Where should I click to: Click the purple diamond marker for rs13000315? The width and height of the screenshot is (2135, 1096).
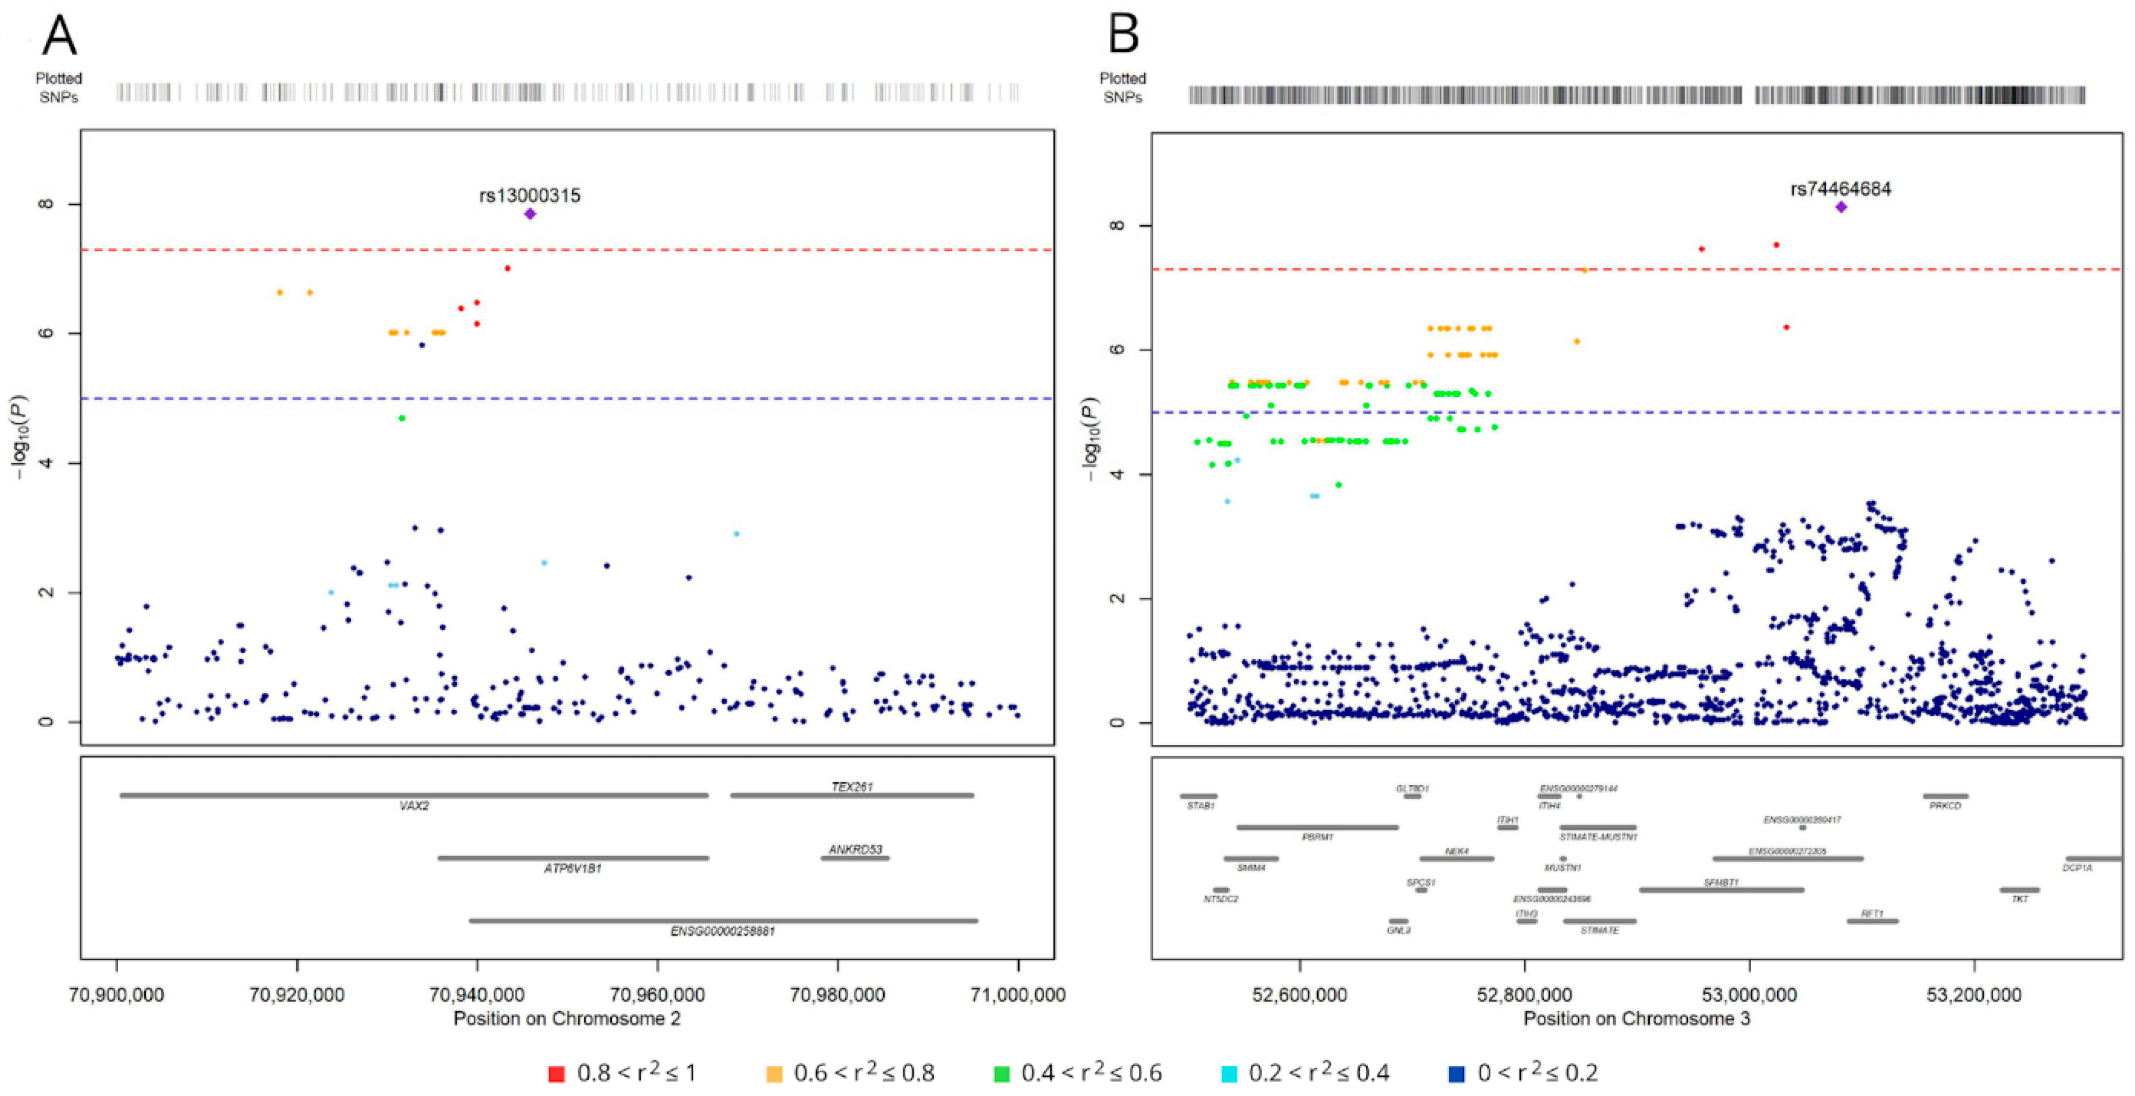[530, 214]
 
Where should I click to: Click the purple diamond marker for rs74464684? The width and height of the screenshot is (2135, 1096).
[1841, 207]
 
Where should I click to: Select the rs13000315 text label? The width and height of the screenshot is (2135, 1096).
[530, 196]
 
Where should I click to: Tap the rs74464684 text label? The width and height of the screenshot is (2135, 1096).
[1840, 189]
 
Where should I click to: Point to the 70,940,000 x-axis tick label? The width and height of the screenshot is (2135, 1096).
[477, 994]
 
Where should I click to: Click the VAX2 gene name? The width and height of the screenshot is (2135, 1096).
[414, 806]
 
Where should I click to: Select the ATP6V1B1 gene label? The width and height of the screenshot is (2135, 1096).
[572, 868]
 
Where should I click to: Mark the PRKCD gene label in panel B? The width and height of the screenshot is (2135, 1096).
[1945, 806]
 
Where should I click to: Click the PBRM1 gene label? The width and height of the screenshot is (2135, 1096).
[1317, 837]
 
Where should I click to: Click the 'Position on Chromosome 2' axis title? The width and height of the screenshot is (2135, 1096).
[567, 1018]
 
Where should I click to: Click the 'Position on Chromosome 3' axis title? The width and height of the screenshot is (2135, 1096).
[1637, 1018]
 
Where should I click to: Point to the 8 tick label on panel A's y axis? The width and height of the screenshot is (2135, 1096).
[47, 204]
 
